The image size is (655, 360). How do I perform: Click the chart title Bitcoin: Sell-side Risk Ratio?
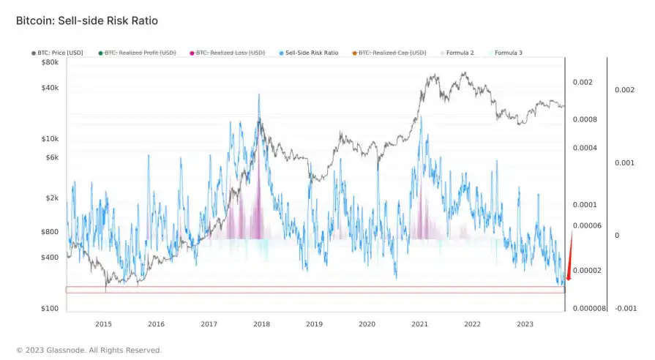(87, 21)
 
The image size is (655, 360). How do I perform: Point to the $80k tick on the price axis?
(49, 63)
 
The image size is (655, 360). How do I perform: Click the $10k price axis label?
(49, 139)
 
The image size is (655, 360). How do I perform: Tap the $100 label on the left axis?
(49, 309)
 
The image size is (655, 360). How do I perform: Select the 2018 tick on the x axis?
(261, 323)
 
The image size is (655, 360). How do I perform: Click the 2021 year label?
(419, 323)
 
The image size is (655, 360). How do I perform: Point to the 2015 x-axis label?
(103, 323)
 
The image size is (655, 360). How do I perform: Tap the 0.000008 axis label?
(588, 309)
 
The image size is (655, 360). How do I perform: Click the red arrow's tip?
(566, 281)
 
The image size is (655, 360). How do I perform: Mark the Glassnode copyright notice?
(89, 350)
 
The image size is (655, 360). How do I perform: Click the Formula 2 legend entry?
(460, 53)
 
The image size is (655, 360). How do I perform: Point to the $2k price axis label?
(50, 198)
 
